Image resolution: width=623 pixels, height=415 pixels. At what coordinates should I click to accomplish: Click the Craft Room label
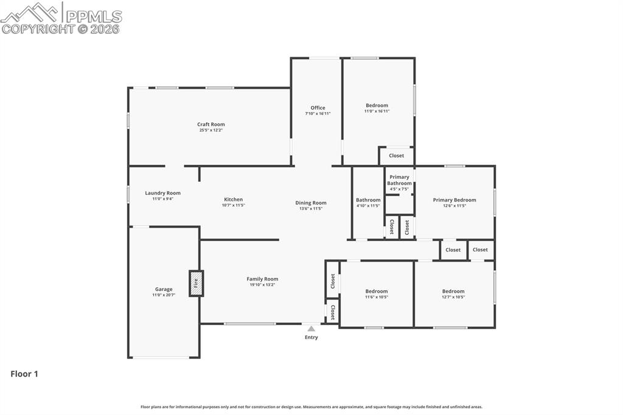211,124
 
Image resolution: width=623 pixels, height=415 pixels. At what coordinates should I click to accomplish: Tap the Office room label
318,108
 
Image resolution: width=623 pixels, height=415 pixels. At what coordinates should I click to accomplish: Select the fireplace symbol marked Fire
196,283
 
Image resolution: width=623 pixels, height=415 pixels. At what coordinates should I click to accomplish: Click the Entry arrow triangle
311,329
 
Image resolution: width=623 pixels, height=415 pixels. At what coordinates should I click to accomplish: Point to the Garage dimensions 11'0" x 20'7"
164,295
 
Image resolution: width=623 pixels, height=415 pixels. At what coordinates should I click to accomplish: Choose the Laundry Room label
162,193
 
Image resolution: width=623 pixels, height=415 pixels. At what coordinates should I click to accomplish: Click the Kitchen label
233,199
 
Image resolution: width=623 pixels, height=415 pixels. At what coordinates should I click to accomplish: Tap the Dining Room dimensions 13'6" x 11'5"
311,209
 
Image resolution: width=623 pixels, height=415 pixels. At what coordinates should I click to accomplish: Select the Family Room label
262,279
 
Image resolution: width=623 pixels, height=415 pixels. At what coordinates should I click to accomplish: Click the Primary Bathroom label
400,180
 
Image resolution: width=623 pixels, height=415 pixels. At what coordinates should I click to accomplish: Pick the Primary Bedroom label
454,200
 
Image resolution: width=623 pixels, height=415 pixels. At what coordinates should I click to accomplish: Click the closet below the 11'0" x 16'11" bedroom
396,156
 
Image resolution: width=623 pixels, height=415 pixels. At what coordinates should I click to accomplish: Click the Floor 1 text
24,374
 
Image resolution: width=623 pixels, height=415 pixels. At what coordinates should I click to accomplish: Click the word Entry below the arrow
311,338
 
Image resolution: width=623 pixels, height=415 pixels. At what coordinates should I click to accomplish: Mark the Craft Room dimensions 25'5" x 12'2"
211,130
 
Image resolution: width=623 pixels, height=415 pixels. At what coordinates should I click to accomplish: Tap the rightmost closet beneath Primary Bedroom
480,249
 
